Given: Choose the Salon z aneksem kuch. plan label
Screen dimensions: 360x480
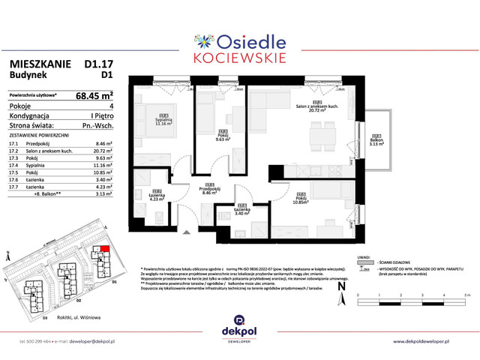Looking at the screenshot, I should (319, 107).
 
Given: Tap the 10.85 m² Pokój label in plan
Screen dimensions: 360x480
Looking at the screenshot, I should (299, 200).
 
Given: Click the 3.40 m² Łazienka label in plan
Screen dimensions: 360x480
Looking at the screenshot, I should (241, 211).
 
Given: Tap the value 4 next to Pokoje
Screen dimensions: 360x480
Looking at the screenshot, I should (110, 106).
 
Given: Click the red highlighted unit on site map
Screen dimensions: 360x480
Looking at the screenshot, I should (104, 250).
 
